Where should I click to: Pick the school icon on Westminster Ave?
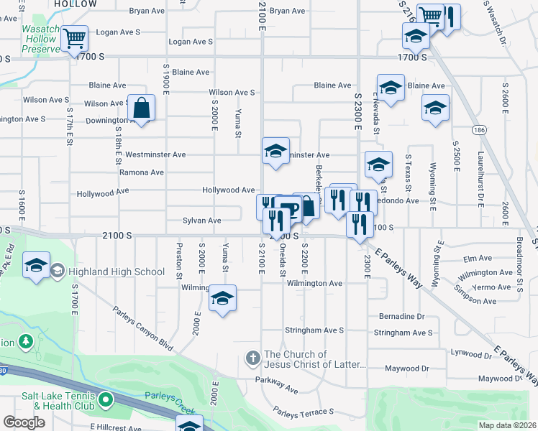(x=275, y=151)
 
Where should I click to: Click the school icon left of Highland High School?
(x=36, y=265)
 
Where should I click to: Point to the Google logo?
(x=24, y=422)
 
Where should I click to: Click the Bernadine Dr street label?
(x=401, y=316)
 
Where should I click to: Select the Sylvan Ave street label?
(x=201, y=221)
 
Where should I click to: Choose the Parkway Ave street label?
(x=276, y=384)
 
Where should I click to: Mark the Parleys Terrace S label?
(x=303, y=411)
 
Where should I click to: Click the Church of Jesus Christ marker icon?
(x=252, y=357)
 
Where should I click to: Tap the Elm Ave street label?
(x=478, y=257)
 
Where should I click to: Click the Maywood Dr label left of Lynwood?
(x=406, y=369)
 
